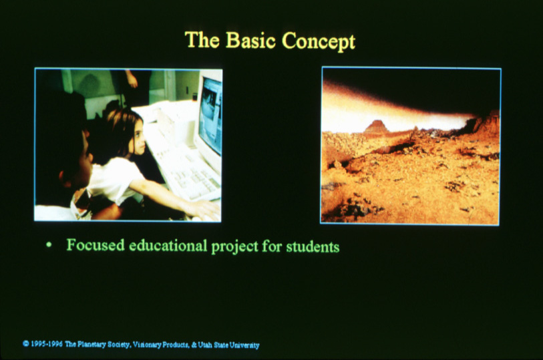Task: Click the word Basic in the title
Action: (250, 40)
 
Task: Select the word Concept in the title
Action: (319, 41)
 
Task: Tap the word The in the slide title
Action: (202, 39)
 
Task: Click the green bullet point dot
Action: (49, 245)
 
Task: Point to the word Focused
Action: (96, 244)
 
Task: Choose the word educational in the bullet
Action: (168, 245)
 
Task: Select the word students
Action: (313, 247)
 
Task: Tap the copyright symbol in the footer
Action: (25, 344)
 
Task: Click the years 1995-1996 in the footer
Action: (47, 344)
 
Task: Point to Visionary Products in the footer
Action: (161, 345)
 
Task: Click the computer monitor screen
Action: (210, 116)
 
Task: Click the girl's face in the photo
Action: (138, 137)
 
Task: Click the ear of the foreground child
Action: (64, 177)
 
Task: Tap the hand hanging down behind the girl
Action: (132, 79)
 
